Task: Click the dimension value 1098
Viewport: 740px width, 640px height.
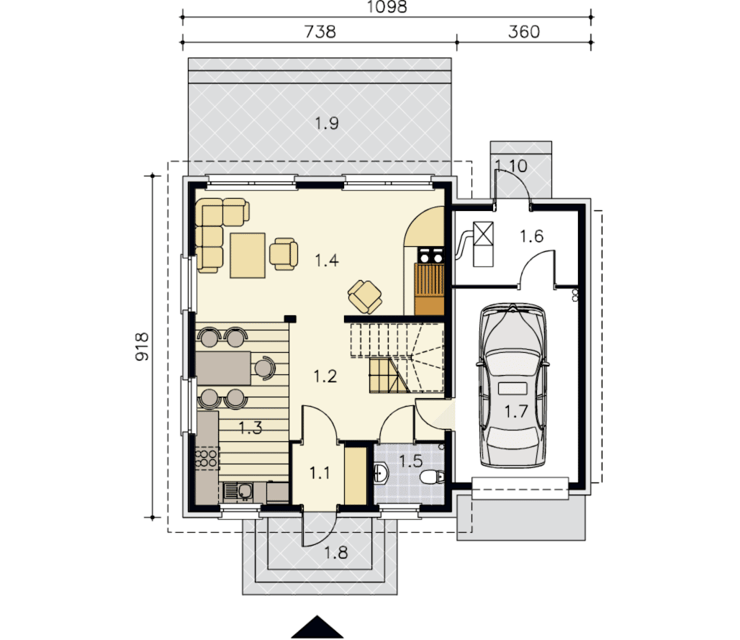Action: pos(387,6)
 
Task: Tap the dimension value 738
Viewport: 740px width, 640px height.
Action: pos(320,32)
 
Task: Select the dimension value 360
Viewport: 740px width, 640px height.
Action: pos(524,32)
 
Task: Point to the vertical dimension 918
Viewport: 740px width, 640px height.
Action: pos(142,347)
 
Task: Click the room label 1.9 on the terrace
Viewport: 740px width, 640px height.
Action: pos(327,123)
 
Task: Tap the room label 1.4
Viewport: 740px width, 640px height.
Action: pos(327,260)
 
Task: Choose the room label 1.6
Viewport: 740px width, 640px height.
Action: pos(531,236)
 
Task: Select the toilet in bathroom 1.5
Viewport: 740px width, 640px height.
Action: pos(432,477)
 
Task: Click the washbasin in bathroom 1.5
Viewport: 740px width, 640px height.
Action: pos(381,473)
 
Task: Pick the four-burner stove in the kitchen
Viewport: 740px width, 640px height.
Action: pos(207,459)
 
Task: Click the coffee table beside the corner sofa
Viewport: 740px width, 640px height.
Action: pos(248,256)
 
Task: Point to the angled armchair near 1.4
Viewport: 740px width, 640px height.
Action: pos(365,297)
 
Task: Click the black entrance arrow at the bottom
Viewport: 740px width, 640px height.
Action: pos(317,627)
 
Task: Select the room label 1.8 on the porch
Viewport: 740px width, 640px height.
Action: pos(336,552)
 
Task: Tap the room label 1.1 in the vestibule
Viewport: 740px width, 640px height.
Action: pos(320,472)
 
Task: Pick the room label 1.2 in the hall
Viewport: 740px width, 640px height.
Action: pos(325,377)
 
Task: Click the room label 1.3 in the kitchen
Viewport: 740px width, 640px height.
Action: pos(250,428)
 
